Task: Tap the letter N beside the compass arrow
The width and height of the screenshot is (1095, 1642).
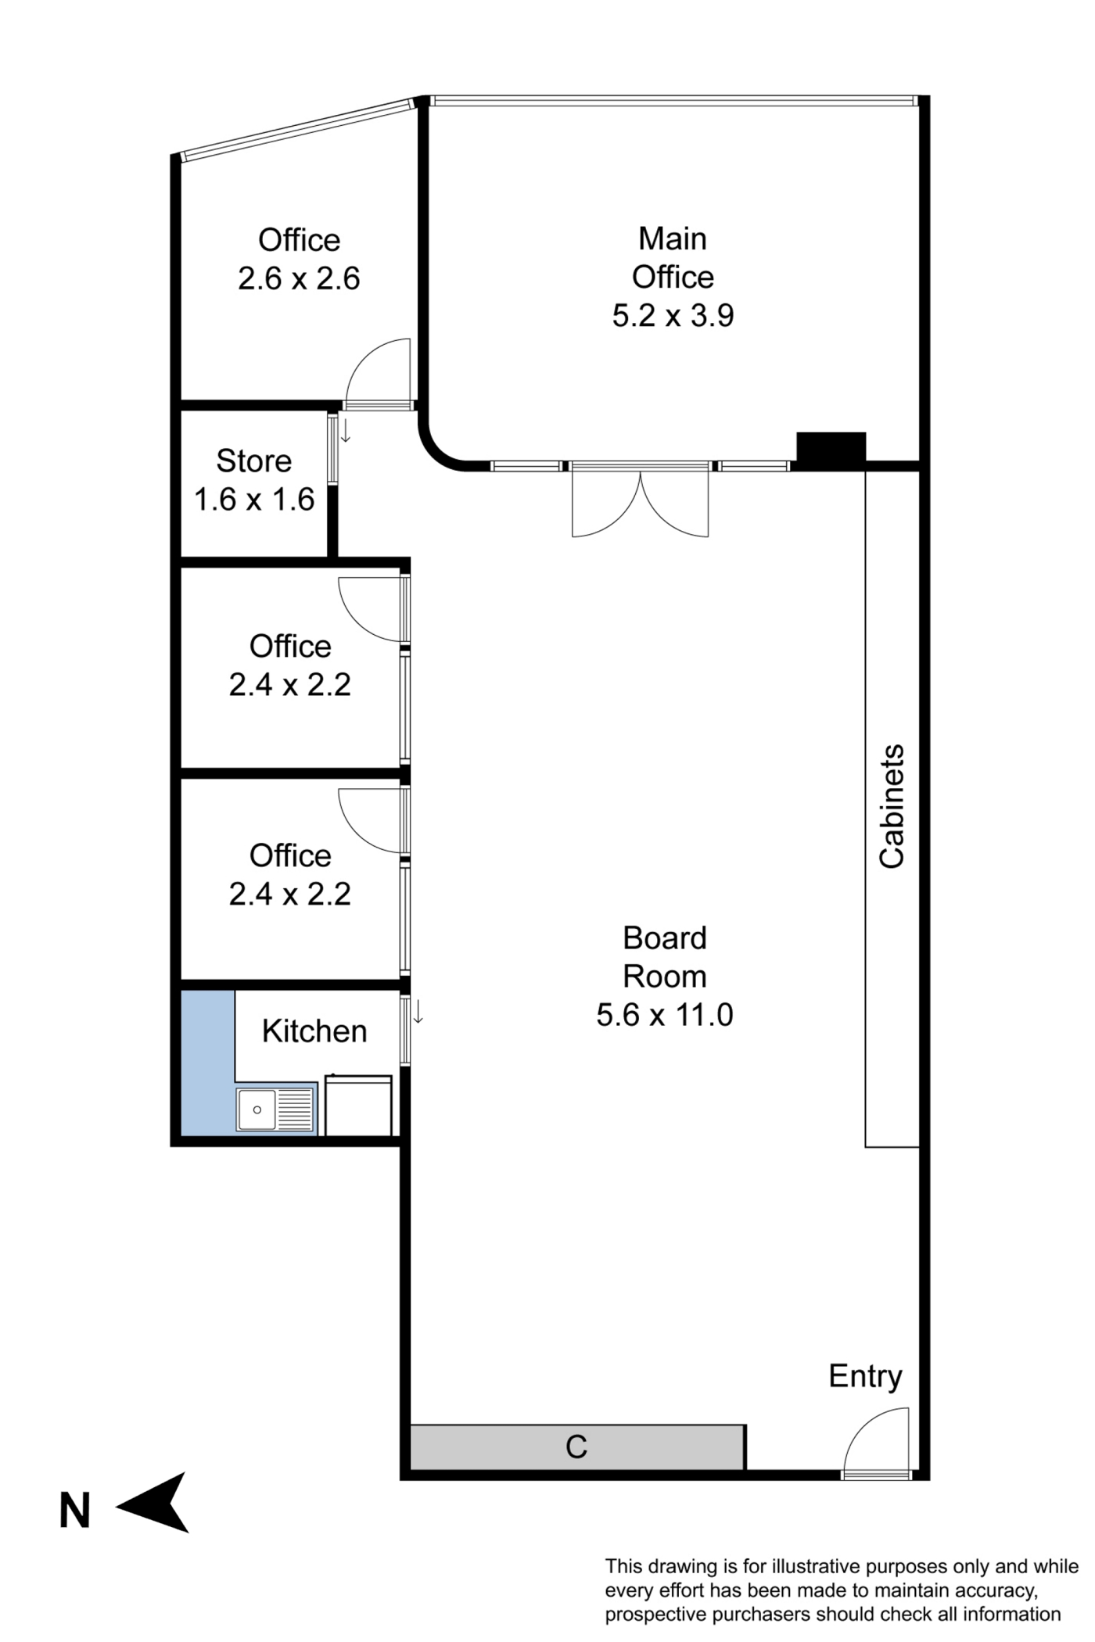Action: tap(75, 1511)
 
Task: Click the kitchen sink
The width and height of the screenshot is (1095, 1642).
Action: tap(275, 1109)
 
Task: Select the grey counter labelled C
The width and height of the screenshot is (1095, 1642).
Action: tap(577, 1447)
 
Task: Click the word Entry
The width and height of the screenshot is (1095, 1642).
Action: tap(865, 1376)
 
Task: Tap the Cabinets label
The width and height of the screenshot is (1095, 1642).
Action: tap(892, 806)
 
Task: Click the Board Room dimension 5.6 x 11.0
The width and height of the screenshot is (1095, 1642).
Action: tap(665, 1015)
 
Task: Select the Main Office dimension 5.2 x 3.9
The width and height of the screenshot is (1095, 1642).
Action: tap(673, 316)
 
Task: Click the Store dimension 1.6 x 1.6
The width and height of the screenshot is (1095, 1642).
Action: tap(254, 500)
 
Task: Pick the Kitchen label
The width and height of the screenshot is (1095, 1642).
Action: tap(314, 1031)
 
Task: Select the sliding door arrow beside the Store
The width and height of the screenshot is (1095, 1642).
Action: tap(346, 431)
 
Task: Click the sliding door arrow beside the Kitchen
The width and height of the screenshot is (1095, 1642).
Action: tap(418, 1012)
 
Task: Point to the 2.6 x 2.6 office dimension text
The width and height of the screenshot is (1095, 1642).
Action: tap(299, 279)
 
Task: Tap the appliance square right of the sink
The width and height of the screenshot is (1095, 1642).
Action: tap(358, 1105)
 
